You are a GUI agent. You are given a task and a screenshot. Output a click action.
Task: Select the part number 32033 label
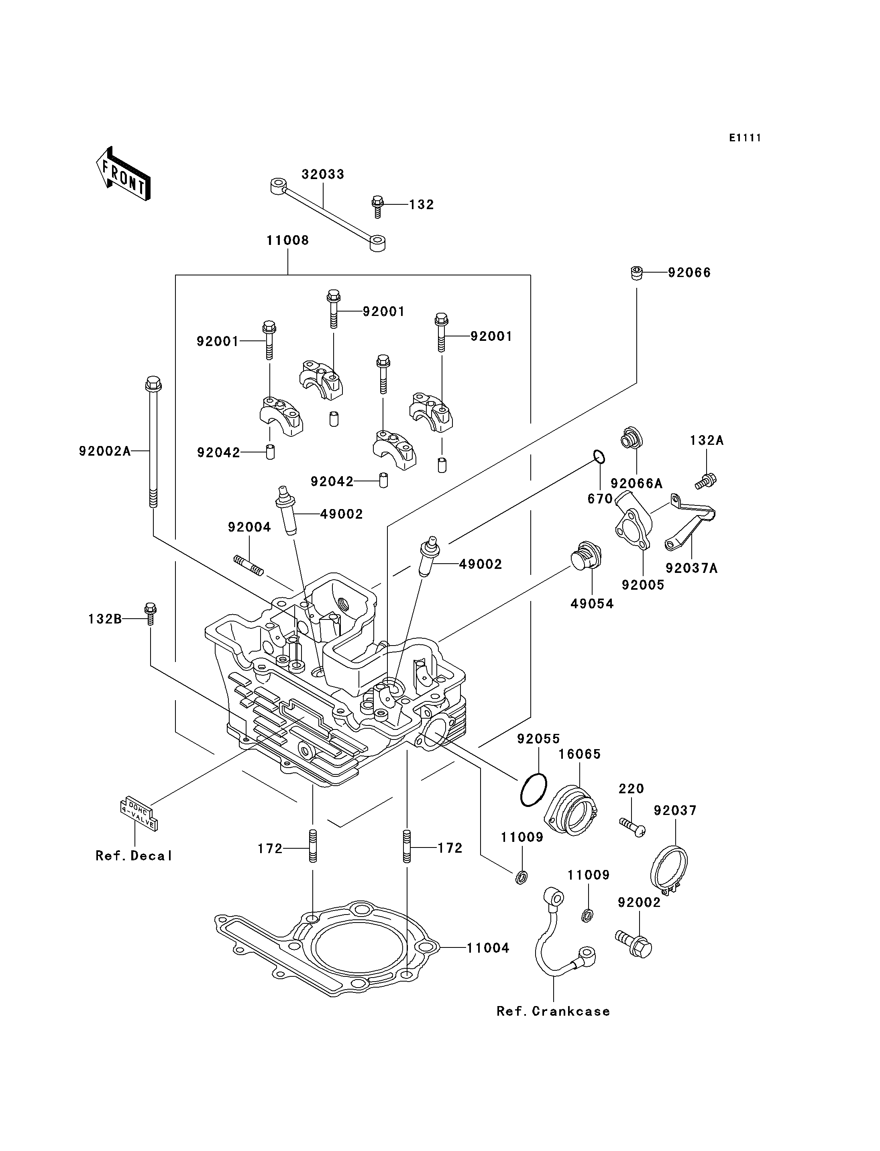pyautogui.click(x=323, y=175)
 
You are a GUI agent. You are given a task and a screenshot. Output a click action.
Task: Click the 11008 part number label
pyautogui.click(x=287, y=240)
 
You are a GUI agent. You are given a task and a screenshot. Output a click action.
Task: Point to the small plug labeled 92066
pyautogui.click(x=636, y=273)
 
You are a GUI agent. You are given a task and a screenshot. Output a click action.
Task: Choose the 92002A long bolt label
pyautogui.click(x=105, y=451)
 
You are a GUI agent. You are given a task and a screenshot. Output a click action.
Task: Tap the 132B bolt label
pyautogui.click(x=105, y=619)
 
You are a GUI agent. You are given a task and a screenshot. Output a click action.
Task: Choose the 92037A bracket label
pyautogui.click(x=691, y=568)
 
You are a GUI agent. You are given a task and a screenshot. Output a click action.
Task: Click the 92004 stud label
pyautogui.click(x=249, y=527)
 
